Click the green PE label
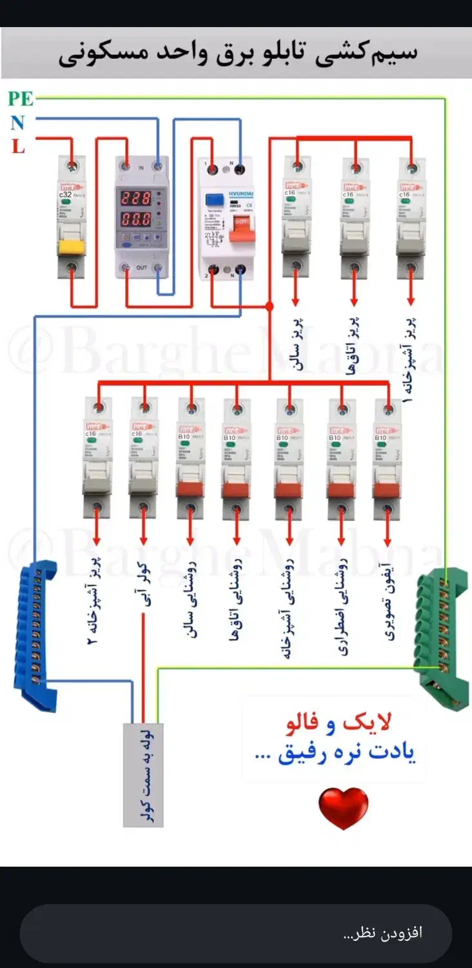21,99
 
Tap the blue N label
17,122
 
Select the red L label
18,146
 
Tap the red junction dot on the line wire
269,307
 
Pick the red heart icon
343,807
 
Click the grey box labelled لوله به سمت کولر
143,774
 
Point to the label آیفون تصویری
389,600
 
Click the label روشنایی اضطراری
342,607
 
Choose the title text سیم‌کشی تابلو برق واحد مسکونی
237,54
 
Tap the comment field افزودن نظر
236,933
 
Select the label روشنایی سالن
191,600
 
